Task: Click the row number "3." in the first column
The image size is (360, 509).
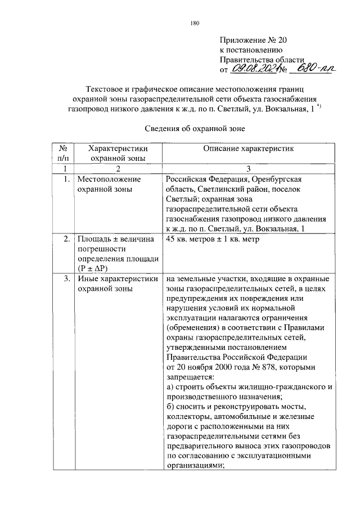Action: (66, 278)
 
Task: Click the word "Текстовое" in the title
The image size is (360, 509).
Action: (103, 89)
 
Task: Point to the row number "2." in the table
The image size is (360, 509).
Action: (66, 239)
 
